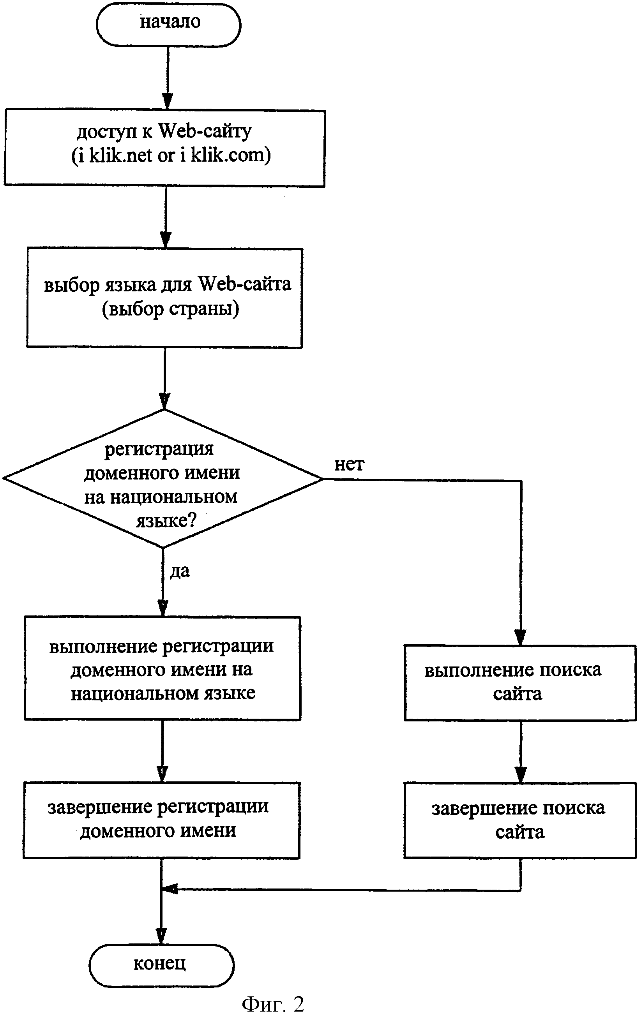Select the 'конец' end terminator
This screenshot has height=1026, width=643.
click(162, 965)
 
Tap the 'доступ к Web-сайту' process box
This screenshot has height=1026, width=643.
click(164, 148)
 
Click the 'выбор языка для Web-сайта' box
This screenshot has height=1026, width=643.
click(164, 298)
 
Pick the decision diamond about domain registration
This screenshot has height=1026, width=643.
click(163, 479)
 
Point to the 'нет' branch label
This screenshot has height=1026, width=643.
click(349, 465)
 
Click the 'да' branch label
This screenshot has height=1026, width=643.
click(180, 572)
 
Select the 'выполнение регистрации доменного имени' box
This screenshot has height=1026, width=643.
click(163, 668)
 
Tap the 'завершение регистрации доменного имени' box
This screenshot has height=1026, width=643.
click(162, 820)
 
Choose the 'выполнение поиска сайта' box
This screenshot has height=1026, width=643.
click(520, 682)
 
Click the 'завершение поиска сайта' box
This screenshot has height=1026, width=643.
click(520, 820)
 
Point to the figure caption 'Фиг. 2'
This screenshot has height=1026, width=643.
click(273, 1004)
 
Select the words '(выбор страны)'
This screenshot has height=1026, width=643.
click(171, 309)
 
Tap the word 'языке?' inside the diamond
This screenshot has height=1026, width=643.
click(166, 521)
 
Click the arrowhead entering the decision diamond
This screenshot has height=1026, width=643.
click(164, 401)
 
